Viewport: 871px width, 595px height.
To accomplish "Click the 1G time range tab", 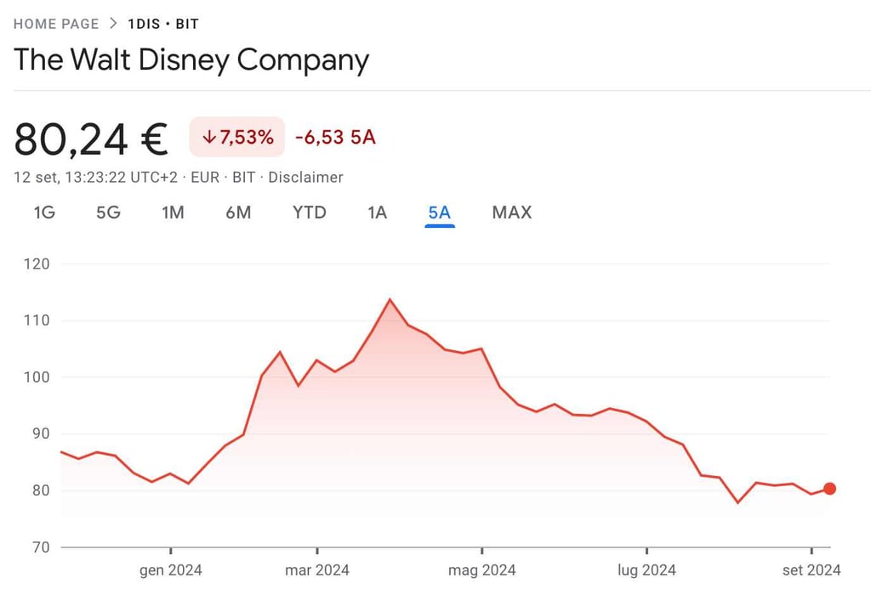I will tap(44, 212).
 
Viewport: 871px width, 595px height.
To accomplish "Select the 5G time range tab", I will tap(108, 212).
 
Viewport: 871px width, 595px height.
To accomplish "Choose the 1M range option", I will tap(173, 212).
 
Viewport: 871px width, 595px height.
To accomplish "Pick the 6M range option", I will tap(238, 212).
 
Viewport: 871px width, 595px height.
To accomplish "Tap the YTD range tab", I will tap(310, 212).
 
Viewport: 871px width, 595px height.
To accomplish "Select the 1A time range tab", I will tap(378, 212).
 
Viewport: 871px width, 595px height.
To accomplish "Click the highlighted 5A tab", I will tap(440, 212).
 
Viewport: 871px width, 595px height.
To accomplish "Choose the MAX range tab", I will tap(511, 212).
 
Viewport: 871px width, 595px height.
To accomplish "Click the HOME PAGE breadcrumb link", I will tap(56, 24).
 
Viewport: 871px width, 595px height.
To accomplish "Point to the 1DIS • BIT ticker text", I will tap(163, 24).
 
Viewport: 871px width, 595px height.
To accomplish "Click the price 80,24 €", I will tap(91, 139).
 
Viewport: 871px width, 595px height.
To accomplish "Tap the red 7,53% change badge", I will tap(237, 137).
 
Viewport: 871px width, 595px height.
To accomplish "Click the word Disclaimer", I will tap(306, 178).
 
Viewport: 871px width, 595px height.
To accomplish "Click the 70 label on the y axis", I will tap(41, 547).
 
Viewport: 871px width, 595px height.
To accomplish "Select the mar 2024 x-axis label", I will tap(316, 569).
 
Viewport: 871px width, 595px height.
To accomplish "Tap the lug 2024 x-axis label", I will tap(646, 569).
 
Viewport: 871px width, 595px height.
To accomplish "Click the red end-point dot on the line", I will tap(829, 489).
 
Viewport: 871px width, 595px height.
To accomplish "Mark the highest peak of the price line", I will tap(390, 299).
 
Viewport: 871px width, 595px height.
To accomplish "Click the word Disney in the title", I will tap(190, 60).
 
